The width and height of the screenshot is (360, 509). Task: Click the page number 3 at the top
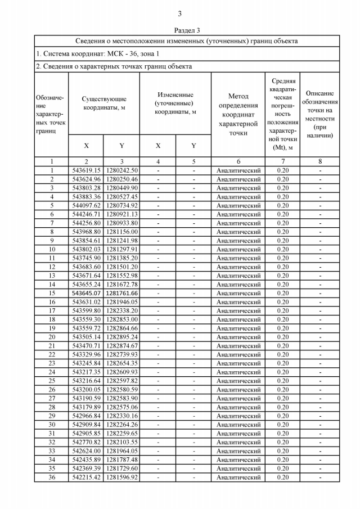[x=180, y=14]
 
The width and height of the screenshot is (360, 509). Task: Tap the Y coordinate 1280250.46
[x=121, y=179]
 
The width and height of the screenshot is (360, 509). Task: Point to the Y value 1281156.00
[x=121, y=232]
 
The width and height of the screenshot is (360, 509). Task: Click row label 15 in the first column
[x=52, y=293]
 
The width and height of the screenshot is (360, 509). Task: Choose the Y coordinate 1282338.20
[x=121, y=310]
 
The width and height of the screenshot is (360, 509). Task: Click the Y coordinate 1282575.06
[x=121, y=407]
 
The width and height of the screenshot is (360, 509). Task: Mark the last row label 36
[x=52, y=478]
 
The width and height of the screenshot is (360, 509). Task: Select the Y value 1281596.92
[x=121, y=478]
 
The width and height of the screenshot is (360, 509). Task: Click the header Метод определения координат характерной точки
[x=238, y=115]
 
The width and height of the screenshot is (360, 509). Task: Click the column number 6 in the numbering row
[x=238, y=161]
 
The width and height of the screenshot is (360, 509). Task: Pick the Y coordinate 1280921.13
[x=121, y=214]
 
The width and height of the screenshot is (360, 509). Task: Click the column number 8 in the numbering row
[x=319, y=161]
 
